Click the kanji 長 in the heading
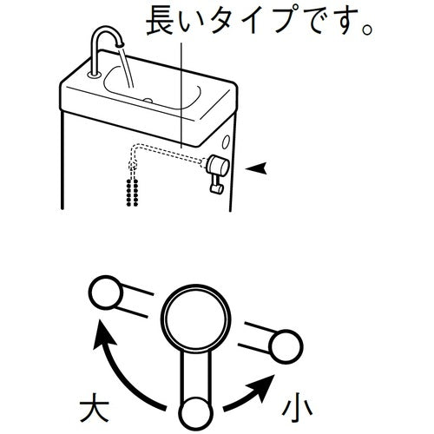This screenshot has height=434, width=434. [161, 21]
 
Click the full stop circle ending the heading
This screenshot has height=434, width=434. [367, 30]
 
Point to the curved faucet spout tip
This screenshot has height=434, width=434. [120, 44]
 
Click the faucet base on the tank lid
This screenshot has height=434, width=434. [94, 75]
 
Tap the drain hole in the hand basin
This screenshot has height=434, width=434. [148, 101]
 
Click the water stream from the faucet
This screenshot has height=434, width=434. [127, 67]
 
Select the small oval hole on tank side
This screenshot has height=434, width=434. [226, 142]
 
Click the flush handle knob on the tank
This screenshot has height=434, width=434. [218, 166]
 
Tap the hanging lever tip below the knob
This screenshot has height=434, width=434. [216, 189]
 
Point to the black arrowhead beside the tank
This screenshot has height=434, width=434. [256, 168]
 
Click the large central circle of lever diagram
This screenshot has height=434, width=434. [196, 319]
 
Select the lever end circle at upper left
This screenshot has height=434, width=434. [106, 293]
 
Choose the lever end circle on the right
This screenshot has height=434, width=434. [286, 346]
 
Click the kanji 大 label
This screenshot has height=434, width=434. [95, 407]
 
